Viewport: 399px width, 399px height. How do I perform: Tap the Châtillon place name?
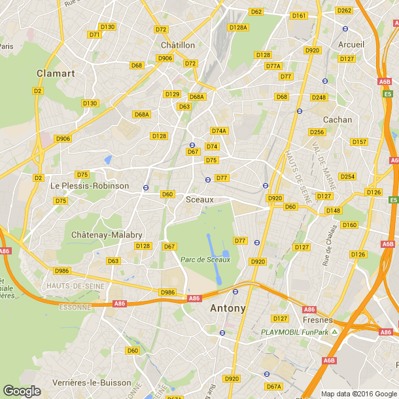(178, 45)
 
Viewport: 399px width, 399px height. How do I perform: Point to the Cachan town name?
(338, 120)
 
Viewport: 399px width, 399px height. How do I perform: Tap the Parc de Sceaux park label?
(205, 260)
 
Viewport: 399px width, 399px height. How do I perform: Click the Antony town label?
(228, 308)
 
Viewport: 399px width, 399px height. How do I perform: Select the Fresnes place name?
(318, 321)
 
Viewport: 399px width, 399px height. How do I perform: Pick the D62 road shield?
(256, 12)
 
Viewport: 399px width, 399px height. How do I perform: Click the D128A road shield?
(238, 27)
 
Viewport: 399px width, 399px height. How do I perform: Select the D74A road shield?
(219, 131)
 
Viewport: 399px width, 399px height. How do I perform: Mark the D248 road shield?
(319, 97)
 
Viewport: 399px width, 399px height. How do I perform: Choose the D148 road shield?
(333, 210)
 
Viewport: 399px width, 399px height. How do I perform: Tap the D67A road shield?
(273, 387)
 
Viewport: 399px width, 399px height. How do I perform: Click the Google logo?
(22, 390)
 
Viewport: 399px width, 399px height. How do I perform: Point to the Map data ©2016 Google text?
(358, 394)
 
